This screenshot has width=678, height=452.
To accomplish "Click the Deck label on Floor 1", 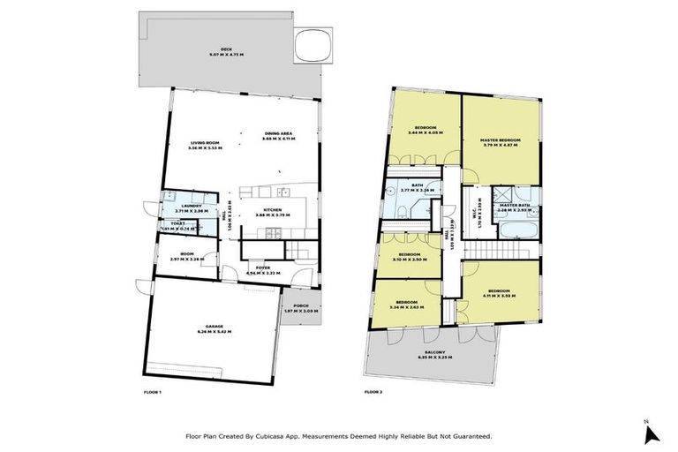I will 214,50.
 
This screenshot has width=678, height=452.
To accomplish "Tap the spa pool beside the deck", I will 316,43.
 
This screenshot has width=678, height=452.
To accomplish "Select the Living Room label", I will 205,143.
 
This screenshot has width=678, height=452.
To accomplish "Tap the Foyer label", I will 261,267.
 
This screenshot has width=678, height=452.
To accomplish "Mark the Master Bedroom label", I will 500,140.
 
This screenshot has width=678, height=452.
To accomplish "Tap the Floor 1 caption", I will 154,391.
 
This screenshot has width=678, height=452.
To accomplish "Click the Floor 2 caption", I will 374,391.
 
